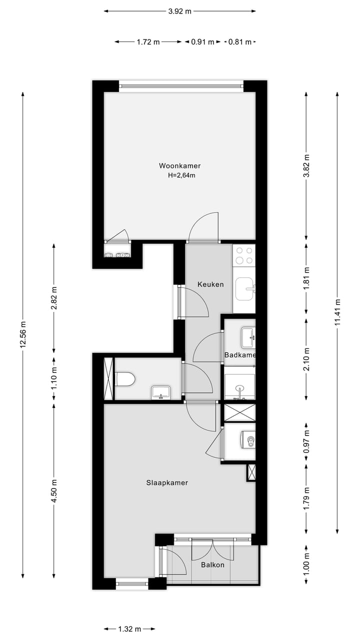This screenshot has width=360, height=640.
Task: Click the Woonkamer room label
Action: pos(180,165)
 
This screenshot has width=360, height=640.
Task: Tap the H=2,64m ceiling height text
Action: pos(181,175)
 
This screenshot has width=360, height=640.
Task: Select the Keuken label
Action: pos(210,284)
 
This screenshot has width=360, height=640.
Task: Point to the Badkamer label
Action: pos(240,355)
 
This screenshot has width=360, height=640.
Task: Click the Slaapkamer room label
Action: pos(167,483)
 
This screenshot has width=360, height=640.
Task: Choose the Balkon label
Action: pos(212,565)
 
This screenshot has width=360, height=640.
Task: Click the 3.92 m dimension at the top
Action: pos(180,11)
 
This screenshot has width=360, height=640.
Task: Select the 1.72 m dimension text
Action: pos(148,42)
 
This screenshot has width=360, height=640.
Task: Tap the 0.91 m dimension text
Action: pos(202,42)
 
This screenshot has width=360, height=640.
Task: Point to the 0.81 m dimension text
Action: pos(240,42)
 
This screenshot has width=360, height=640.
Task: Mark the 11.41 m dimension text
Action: pos(338,312)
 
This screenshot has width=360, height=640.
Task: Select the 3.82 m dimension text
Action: pos(306,163)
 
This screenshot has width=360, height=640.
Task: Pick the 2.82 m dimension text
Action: pos(54,298)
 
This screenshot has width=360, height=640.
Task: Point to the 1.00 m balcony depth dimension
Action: pos(306,561)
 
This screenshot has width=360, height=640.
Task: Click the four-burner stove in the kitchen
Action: pos(244,255)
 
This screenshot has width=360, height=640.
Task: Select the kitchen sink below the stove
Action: pos(244,289)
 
